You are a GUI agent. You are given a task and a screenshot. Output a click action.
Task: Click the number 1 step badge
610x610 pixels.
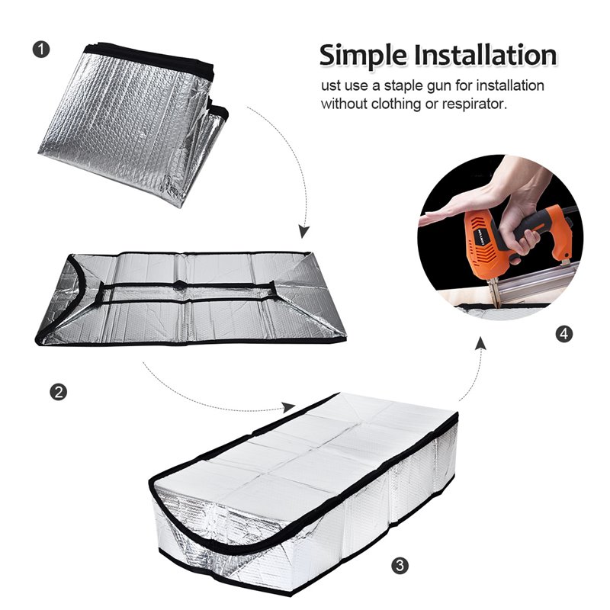43,50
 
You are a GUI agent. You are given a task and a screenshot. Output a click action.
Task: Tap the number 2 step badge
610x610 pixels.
57,392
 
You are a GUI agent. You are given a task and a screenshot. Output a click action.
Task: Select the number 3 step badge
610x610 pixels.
399,565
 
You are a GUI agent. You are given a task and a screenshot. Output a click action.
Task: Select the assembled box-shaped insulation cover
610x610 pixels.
305,488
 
